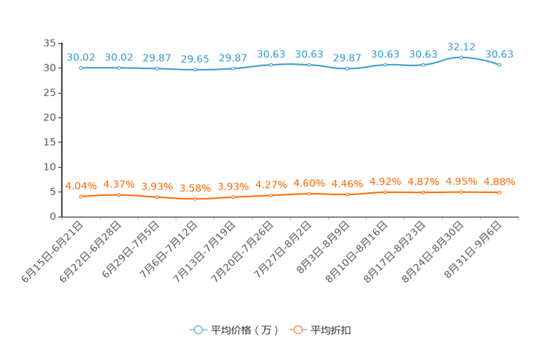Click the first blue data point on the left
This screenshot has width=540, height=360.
[81, 67]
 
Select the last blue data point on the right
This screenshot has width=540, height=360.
[499, 65]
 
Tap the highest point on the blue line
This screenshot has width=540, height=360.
[461, 57]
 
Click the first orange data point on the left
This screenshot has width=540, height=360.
[81, 197]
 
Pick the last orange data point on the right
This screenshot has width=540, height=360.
[499, 192]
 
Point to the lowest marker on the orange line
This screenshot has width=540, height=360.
[195, 198]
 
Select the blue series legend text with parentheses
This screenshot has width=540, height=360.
[245, 330]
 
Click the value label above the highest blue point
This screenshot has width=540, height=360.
[461, 46]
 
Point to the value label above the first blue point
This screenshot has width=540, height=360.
[81, 57]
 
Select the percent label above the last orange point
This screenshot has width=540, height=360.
[499, 181]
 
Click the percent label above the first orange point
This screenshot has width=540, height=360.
[81, 186]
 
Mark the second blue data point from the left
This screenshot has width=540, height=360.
[119, 67]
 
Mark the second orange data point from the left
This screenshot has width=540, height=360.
[119, 195]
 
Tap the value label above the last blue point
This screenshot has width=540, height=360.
[499, 54]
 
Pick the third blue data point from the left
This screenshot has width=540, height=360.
[157, 68]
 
